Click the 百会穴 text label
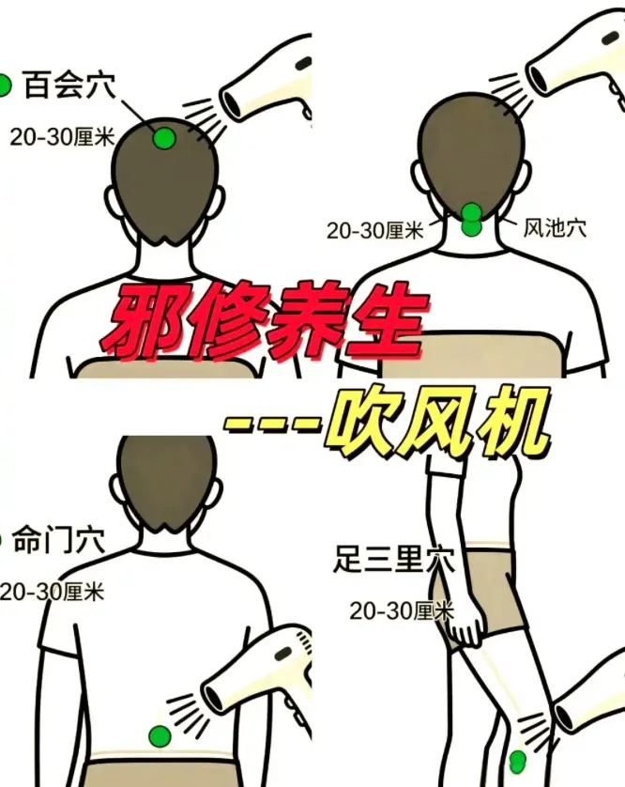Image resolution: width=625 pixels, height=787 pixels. tap(69, 85)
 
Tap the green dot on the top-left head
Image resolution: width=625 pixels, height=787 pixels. tap(164, 139)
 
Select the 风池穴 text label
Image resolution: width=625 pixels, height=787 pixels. tap(555, 228)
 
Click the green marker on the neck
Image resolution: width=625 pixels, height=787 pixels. tap(471, 220)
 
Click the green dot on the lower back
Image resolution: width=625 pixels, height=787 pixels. tap(160, 736)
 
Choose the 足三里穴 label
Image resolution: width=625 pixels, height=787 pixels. tap(394, 559)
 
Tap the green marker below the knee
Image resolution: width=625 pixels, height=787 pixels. tap(517, 762)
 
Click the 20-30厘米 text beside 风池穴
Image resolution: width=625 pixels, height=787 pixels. tap(375, 231)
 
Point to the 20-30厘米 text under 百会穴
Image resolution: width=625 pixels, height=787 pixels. tap(62, 136)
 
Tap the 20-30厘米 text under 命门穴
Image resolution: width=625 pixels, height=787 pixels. tap(53, 593)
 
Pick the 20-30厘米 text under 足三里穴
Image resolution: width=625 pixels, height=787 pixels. tap(402, 610)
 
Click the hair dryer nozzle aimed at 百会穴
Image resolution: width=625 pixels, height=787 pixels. tap(232, 104)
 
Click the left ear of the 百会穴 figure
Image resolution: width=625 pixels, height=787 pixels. tap(113, 203)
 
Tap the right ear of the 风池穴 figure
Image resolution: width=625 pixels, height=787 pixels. tap(523, 179)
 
